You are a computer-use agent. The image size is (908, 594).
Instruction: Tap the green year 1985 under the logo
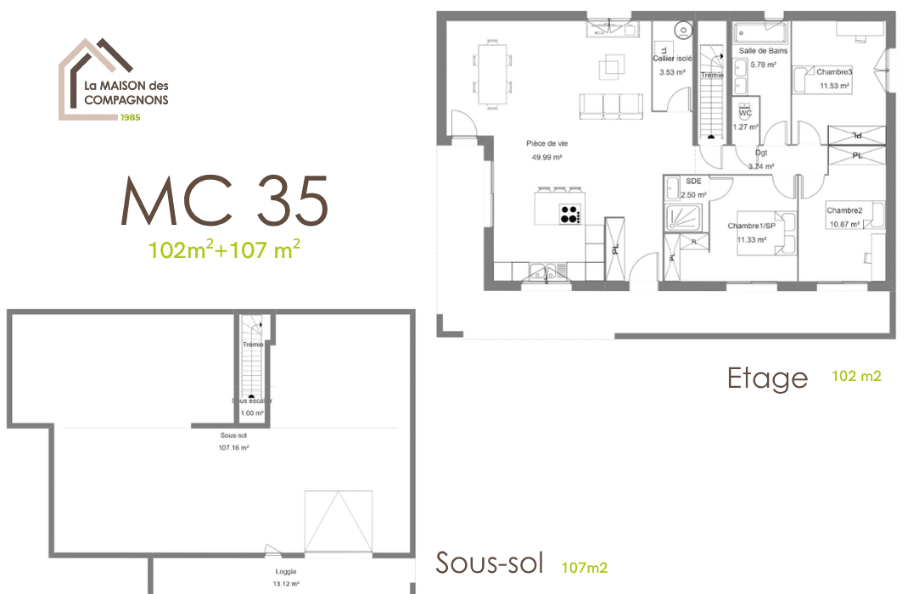pos(130,117)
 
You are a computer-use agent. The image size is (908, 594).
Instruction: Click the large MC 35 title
pos(224,202)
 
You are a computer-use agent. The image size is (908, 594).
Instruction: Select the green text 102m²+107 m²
pos(224,250)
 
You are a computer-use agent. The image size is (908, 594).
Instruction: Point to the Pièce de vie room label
pos(546,143)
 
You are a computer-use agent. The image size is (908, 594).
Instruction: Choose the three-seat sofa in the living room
pos(610,105)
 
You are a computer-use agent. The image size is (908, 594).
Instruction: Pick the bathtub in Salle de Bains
pos(761,33)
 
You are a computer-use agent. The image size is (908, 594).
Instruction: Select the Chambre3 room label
pos(834,72)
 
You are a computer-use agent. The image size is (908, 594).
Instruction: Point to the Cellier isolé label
pos(672,59)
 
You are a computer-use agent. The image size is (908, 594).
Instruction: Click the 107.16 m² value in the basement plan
pos(233,447)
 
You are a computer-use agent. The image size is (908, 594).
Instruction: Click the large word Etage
pos(767,378)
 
